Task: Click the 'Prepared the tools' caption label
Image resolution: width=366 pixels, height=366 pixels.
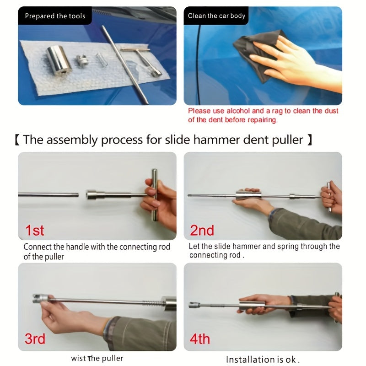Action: click(55, 16)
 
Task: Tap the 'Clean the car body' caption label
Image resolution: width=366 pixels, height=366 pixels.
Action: click(216, 16)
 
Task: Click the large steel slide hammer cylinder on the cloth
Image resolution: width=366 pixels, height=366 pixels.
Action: click(59, 60)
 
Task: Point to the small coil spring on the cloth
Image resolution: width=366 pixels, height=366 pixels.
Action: click(102, 59)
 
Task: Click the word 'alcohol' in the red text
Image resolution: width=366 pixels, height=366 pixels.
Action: click(238, 111)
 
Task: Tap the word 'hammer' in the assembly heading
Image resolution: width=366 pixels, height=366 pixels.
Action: click(216, 140)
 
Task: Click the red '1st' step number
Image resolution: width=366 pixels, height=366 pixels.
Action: click(35, 230)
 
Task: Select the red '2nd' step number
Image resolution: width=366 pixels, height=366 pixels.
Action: click(202, 230)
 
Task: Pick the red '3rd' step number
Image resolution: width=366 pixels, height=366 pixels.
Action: click(35, 339)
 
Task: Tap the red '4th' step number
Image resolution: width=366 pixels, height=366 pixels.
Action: click(200, 339)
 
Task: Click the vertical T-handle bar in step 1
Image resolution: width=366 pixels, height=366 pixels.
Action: click(154, 195)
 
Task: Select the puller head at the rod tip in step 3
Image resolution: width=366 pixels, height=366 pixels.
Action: click(40, 299)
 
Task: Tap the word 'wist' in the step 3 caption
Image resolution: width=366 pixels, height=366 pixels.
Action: click(78, 358)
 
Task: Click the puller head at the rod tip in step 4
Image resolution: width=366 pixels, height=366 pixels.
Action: click(194, 305)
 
